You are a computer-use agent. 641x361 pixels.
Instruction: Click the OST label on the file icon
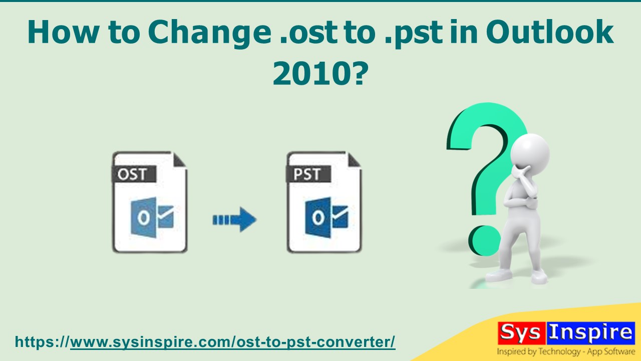click(132, 174)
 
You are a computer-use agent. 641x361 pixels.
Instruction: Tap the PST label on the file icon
click(307, 174)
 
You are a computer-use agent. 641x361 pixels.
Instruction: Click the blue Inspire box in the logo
click(589, 333)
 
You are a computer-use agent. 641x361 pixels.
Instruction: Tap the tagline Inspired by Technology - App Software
click(565, 351)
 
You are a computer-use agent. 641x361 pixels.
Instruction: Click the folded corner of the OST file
click(179, 159)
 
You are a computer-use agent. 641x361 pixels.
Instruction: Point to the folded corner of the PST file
click(354, 159)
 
